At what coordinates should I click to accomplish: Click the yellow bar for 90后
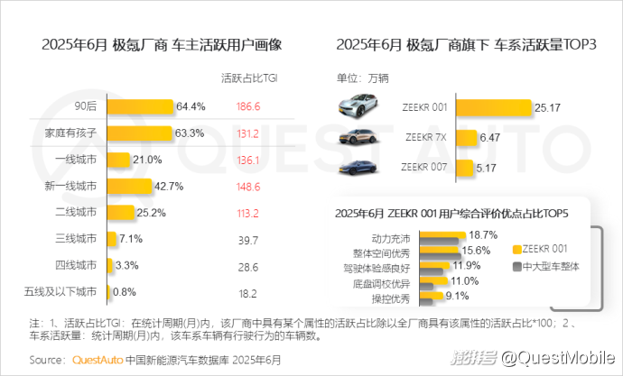click(x=140, y=106)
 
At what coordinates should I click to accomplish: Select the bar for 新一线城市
click(x=129, y=187)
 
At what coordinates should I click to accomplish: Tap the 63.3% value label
click(x=190, y=133)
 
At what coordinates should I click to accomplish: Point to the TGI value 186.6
click(x=248, y=106)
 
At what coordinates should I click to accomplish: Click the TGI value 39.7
click(x=248, y=241)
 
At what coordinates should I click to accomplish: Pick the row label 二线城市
click(x=76, y=212)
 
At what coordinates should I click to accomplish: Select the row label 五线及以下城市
click(x=60, y=292)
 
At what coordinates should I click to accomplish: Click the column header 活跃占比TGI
click(x=249, y=78)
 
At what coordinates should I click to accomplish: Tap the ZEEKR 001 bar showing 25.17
click(x=494, y=108)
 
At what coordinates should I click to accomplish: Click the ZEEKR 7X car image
click(x=358, y=137)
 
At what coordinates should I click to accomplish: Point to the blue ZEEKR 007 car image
click(x=358, y=168)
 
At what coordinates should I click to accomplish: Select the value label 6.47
click(x=489, y=138)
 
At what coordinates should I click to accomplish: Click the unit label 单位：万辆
click(x=362, y=78)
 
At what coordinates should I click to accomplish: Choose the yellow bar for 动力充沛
click(x=442, y=234)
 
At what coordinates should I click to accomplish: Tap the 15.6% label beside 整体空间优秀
click(x=476, y=251)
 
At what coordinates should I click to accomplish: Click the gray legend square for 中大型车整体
click(x=517, y=267)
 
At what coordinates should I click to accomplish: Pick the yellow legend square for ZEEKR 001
click(x=517, y=250)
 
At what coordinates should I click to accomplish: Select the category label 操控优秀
click(x=391, y=298)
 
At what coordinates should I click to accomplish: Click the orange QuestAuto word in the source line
click(x=98, y=360)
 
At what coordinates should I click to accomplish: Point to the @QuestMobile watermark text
click(x=557, y=358)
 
